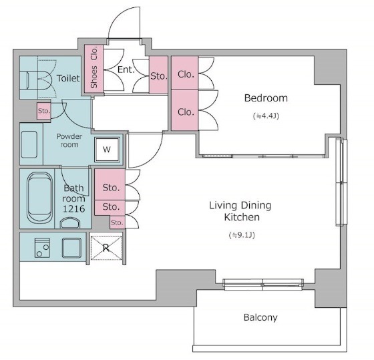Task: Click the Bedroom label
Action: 266,98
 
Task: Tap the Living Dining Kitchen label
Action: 240,211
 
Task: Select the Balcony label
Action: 260,317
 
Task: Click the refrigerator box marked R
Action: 106,248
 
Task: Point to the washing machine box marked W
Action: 107,150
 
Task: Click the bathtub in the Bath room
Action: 40,198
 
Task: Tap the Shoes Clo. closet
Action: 94,69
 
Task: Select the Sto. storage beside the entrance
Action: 158,75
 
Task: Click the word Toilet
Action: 68,78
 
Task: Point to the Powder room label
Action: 69,140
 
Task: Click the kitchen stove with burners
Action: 43,248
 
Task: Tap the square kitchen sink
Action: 71,248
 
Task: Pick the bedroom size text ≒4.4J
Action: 266,116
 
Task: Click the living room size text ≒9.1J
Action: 242,235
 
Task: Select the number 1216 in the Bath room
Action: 73,209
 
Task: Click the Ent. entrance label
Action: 126,69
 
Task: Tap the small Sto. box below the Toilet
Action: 44,111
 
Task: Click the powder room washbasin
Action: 29,144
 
